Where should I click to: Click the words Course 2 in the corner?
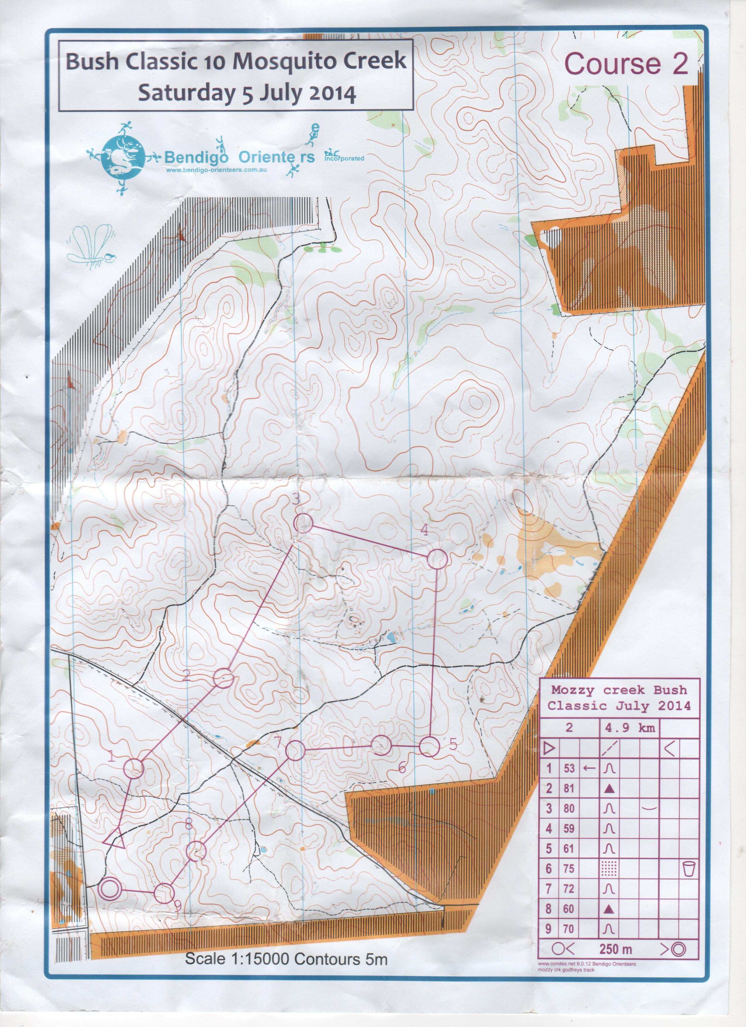pyautogui.click(x=627, y=64)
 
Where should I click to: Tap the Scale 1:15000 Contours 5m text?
pyautogui.click(x=286, y=968)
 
